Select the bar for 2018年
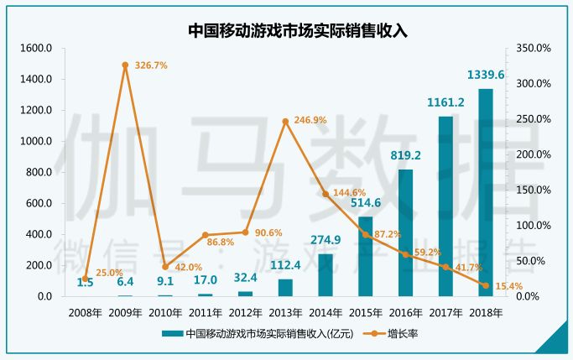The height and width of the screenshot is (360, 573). [x=486, y=193]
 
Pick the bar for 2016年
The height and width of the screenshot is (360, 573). [x=405, y=233]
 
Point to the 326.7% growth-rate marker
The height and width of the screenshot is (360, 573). [x=125, y=65]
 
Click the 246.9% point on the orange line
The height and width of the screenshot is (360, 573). [x=285, y=122]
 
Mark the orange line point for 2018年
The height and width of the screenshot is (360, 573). [x=486, y=285]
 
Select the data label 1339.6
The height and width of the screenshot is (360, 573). [x=486, y=75]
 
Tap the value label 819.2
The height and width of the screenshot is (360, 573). [x=405, y=154]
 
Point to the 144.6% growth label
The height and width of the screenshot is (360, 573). [x=350, y=193]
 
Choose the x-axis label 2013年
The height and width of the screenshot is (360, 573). [x=285, y=312]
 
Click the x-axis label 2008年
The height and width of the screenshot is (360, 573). [x=85, y=312]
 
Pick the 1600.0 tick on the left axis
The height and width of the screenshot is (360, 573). [x=36, y=49]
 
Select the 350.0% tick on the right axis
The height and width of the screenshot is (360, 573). [x=534, y=49]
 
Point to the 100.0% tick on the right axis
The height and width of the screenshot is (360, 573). [x=534, y=226]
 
